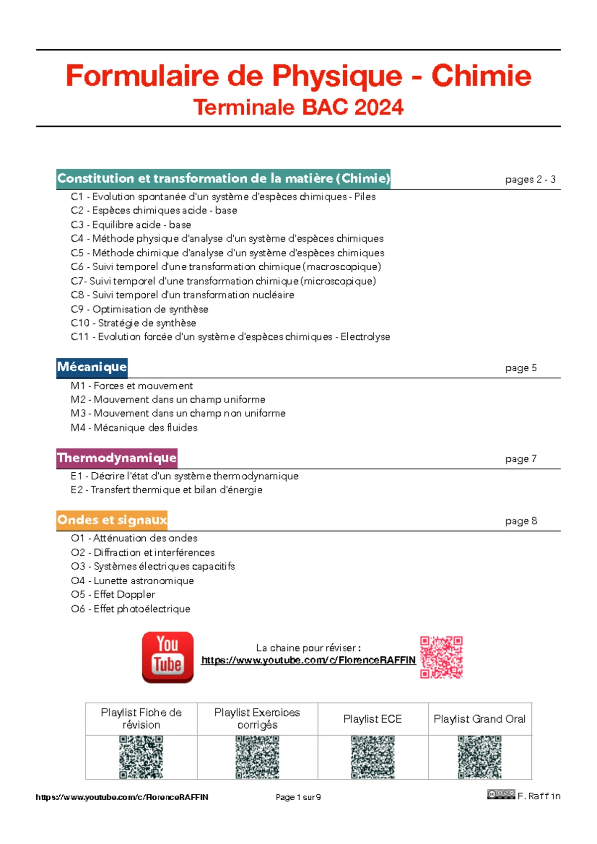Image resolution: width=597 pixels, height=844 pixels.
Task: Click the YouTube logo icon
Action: pyautogui.click(x=168, y=657)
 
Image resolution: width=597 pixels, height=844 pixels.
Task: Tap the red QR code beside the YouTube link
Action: pyautogui.click(x=441, y=657)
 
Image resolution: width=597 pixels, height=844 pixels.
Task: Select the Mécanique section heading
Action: pyautogui.click(x=92, y=367)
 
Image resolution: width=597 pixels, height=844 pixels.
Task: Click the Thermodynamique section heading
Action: pyautogui.click(x=117, y=458)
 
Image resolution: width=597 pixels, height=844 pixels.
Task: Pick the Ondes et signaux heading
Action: pyautogui.click(x=112, y=520)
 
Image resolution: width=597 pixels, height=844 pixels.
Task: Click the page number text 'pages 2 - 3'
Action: pyautogui.click(x=530, y=180)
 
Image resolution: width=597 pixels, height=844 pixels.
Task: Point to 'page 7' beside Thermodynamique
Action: pyautogui.click(x=520, y=459)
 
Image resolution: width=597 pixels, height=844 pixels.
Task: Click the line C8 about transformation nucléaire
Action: pyautogui.click(x=182, y=295)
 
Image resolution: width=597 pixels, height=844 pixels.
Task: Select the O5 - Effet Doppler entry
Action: pyautogui.click(x=113, y=595)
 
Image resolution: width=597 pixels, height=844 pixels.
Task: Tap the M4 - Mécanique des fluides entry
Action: pyautogui.click(x=134, y=427)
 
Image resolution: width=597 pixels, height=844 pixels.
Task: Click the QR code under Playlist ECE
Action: pyautogui.click(x=373, y=757)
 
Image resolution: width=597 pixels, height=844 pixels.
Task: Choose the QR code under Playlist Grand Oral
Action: pyautogui.click(x=480, y=757)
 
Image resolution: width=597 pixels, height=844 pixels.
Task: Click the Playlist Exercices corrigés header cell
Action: pyautogui.click(x=257, y=719)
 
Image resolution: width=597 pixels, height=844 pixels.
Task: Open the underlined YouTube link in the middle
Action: pyautogui.click(x=308, y=660)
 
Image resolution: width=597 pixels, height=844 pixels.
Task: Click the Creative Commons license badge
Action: pyautogui.click(x=501, y=794)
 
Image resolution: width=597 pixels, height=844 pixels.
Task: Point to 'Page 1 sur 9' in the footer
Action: pyautogui.click(x=298, y=797)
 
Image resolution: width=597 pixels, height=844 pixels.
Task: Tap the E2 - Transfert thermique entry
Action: pyautogui.click(x=166, y=490)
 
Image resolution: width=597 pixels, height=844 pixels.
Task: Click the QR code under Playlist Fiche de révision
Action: pyautogui.click(x=141, y=757)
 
